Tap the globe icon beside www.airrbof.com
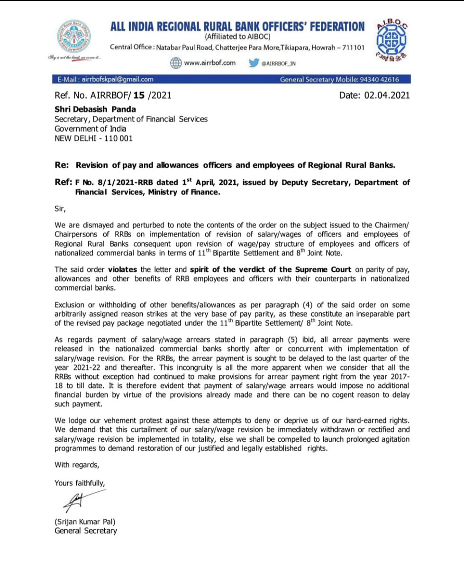[176, 64]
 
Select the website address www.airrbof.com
[209, 64]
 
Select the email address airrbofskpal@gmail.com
[117, 80]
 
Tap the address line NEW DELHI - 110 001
[93, 138]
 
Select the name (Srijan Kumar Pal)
[85, 522]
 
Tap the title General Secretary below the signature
[85, 531]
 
